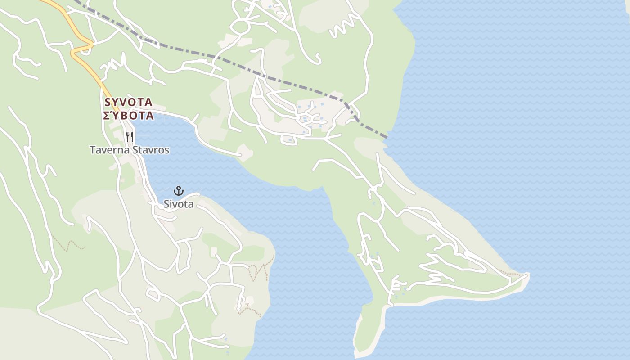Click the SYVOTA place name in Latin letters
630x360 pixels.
129,102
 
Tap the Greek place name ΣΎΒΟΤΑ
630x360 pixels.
129,116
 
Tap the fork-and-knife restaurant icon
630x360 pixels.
130,136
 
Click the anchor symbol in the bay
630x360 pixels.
179,191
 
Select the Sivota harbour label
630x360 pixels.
179,204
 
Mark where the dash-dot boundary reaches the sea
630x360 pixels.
387,136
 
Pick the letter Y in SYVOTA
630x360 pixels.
116,102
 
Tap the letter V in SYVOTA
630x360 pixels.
124,102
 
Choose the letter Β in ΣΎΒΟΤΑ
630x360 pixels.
127,116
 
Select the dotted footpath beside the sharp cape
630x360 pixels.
511,273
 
